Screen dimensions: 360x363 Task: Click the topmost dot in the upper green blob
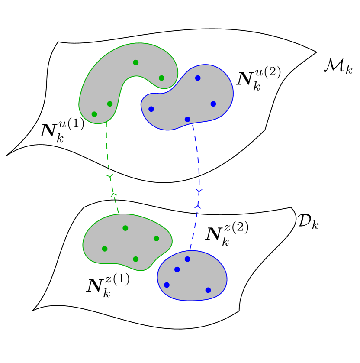[x=135, y=62]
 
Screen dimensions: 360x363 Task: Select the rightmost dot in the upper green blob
[x=161, y=78]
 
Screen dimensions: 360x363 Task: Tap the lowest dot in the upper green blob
[x=94, y=114]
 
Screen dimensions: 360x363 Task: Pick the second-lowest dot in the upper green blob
[x=110, y=104]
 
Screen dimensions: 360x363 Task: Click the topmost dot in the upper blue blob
[x=198, y=78]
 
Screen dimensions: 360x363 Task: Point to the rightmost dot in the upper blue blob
[x=213, y=104]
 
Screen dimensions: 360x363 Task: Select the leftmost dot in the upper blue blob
[x=151, y=109]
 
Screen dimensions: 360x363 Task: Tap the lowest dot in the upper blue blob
[x=187, y=120]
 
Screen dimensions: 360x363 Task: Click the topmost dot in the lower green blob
[x=125, y=228]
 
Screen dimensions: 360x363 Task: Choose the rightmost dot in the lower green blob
[x=156, y=238]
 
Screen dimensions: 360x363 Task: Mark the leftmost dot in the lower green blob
[x=105, y=249]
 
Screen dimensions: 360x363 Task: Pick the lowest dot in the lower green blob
[x=135, y=259]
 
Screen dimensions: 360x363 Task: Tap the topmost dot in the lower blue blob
[x=187, y=259]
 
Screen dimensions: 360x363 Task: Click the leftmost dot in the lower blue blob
[x=167, y=285]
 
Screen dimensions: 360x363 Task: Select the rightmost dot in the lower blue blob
[x=208, y=290]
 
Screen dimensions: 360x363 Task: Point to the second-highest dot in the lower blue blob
[x=177, y=269]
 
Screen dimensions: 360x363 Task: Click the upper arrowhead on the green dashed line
[x=110, y=177]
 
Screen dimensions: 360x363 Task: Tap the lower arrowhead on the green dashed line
[x=113, y=194]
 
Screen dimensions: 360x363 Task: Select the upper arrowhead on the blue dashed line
[x=199, y=191]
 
